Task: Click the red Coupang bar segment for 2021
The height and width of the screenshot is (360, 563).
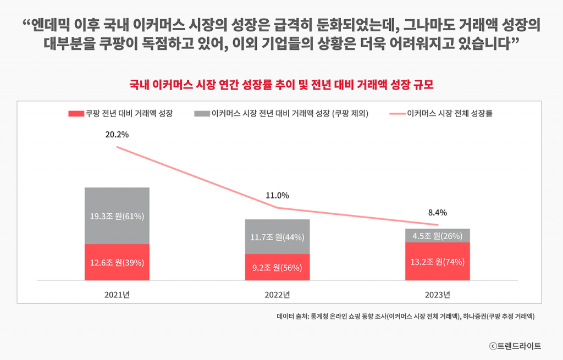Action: (117, 262)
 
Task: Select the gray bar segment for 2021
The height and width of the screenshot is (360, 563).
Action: (117, 215)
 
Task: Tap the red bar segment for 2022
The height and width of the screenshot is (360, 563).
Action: (278, 268)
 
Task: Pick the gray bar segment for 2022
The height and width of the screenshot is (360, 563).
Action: (278, 237)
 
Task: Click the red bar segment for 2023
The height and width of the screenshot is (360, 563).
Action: (438, 261)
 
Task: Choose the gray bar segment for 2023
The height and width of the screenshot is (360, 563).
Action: (438, 236)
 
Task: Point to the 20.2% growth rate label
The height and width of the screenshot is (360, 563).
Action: (117, 134)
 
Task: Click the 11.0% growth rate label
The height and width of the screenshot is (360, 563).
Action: (278, 195)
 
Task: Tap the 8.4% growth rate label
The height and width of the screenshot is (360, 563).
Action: (438, 212)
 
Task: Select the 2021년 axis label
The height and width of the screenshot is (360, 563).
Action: (117, 294)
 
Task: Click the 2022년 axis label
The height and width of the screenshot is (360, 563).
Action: (278, 294)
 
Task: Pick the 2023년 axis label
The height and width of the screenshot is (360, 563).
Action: (438, 294)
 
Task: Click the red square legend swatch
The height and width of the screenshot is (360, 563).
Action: (76, 114)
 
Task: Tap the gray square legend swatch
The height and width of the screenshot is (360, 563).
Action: (202, 114)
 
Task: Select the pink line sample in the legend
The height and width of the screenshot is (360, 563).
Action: (397, 114)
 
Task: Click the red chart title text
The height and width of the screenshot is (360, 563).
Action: (281, 85)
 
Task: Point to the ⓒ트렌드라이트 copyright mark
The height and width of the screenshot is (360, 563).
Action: (515, 346)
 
